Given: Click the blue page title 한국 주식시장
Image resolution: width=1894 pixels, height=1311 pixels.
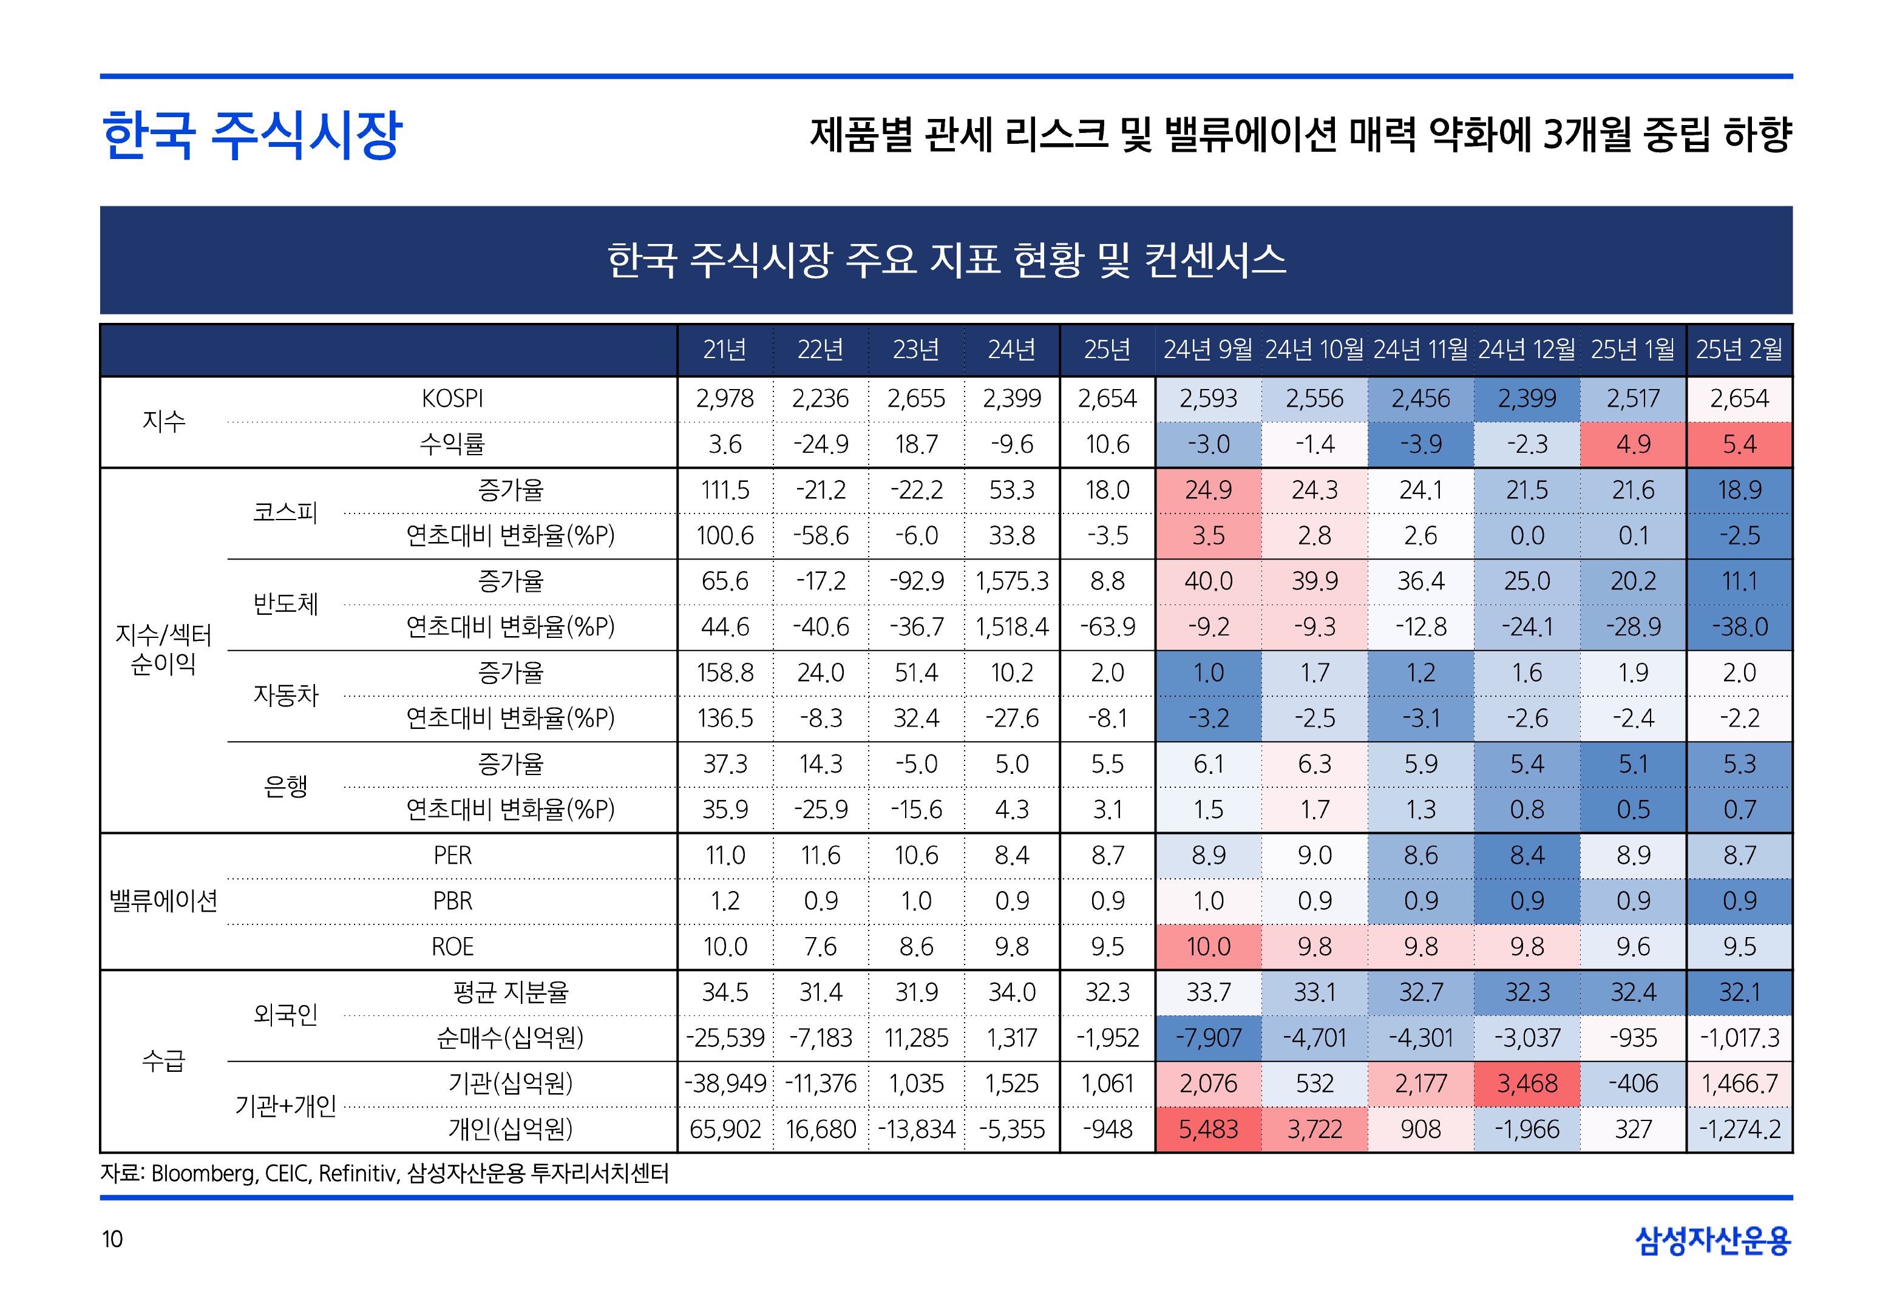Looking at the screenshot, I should tap(251, 135).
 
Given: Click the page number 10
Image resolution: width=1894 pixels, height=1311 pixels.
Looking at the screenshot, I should tap(112, 1239).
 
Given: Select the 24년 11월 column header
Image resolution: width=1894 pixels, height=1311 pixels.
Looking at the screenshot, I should tap(1420, 350).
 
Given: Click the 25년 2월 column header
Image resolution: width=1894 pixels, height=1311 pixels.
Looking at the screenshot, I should tap(1739, 350).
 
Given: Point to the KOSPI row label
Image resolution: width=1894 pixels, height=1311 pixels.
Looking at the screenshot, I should tap(452, 399).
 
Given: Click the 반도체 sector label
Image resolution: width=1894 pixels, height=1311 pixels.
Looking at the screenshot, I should tap(285, 604).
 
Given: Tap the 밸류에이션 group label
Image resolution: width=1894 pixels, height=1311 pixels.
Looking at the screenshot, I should tap(163, 901).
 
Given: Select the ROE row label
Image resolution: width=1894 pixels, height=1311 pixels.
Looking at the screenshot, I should tap(452, 947).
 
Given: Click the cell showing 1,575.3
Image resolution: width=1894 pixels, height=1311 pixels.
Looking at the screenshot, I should tap(1012, 581).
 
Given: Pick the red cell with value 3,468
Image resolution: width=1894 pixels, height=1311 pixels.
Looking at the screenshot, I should tap(1527, 1084).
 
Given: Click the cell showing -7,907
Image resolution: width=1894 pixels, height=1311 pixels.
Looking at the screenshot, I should tap(1208, 1038).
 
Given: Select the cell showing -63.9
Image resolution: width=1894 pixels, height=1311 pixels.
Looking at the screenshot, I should tap(1107, 628).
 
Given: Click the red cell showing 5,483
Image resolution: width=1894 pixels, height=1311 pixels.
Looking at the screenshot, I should tap(1208, 1130).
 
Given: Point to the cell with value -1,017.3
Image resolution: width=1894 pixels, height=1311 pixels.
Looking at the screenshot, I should tap(1739, 1038).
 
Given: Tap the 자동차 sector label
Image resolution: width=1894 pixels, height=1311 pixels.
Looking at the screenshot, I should tap(285, 696).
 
